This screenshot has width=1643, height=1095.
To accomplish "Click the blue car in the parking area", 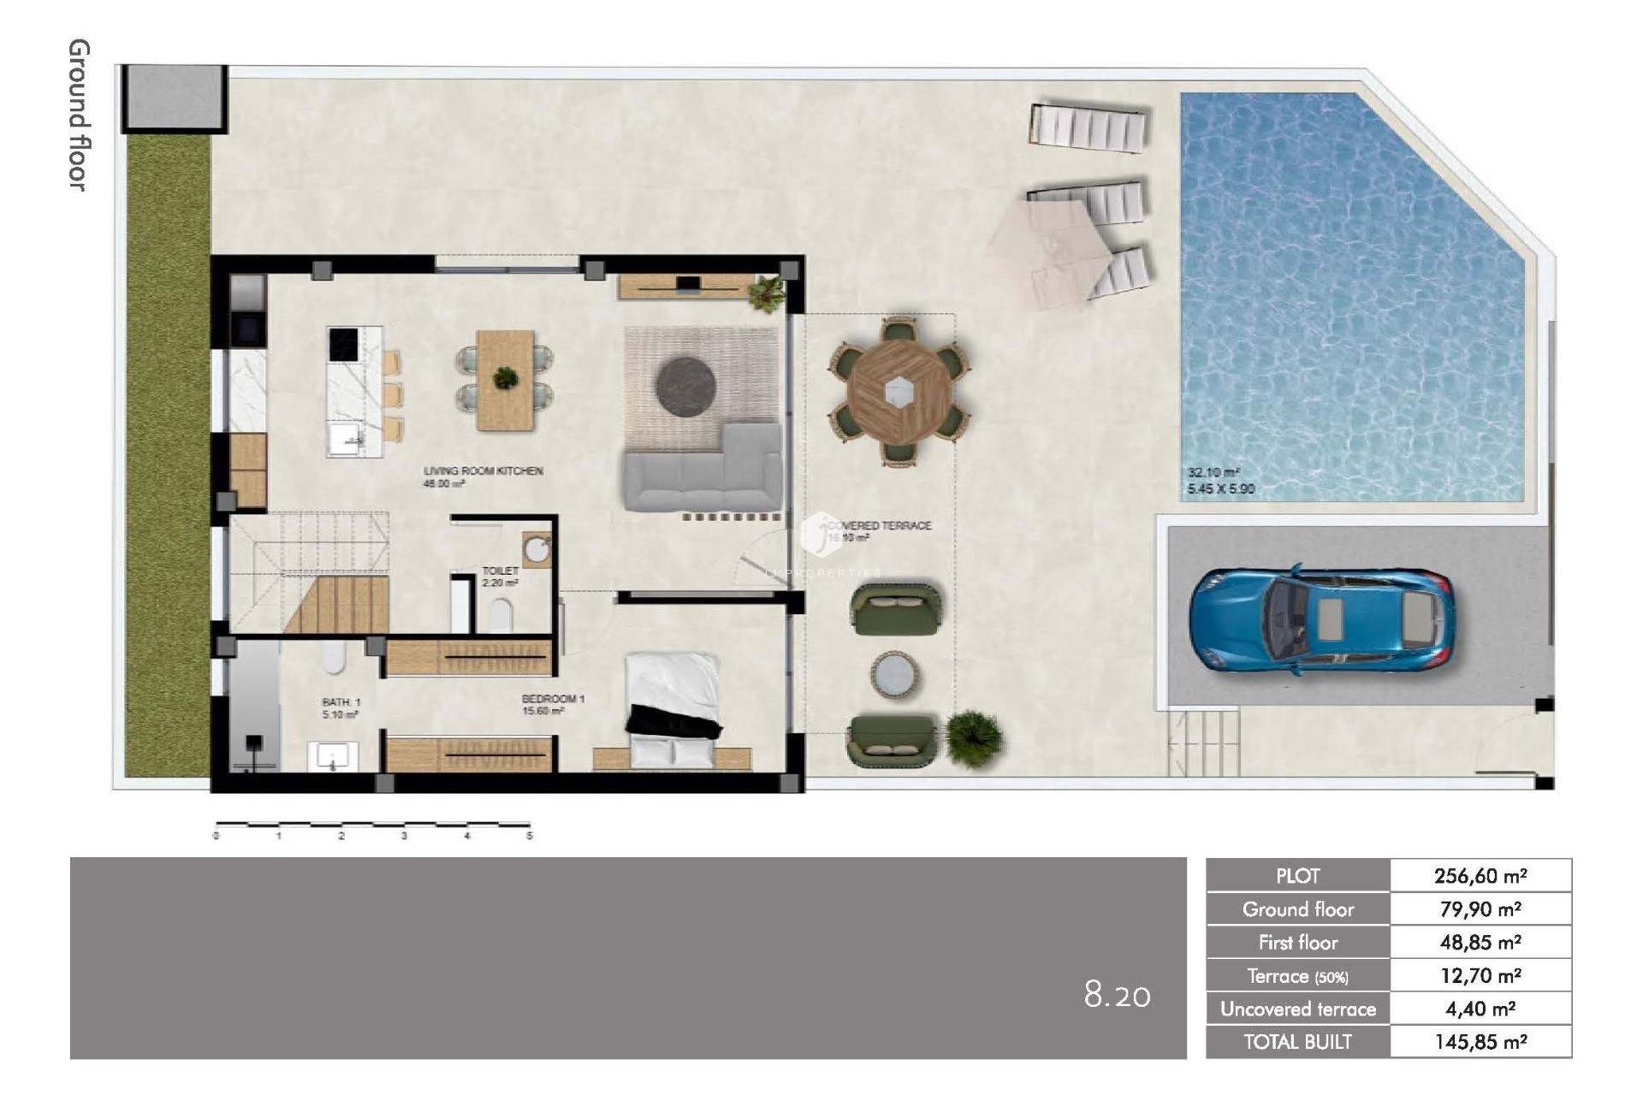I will [1321, 619].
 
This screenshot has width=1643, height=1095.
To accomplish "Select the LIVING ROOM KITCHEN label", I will [483, 471].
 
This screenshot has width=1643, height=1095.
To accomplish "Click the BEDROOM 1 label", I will [553, 700].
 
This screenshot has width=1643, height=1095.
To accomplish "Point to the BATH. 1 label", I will [341, 702].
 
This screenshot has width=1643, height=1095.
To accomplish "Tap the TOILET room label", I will [500, 571].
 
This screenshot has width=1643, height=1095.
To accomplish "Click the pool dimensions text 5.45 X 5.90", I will [1221, 489].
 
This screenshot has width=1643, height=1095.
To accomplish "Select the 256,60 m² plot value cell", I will [1480, 876].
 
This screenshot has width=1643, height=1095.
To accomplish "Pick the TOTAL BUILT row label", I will [1297, 1042].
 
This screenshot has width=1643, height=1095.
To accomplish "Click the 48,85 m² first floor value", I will [1480, 943].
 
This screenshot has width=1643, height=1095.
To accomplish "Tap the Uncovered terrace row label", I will [1297, 1009].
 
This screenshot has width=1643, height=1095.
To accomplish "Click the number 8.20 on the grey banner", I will [1117, 995].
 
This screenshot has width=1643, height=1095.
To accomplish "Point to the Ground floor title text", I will [79, 115].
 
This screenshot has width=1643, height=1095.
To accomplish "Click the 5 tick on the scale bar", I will [530, 836].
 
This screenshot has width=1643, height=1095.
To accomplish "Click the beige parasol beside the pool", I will [1049, 248].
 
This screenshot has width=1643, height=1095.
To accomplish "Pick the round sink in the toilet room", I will [537, 550].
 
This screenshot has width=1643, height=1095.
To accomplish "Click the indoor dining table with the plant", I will [505, 379].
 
